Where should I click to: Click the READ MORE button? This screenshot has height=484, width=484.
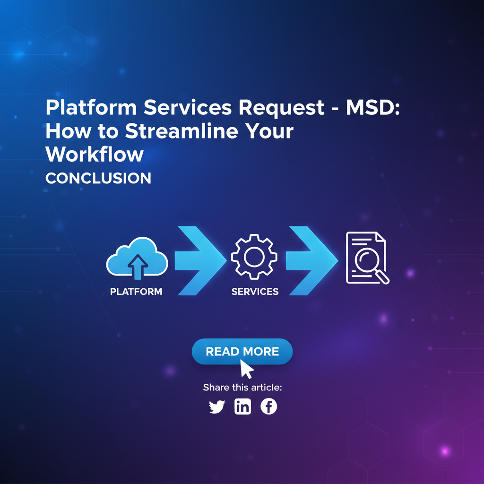click(242, 351)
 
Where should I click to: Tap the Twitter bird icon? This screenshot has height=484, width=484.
click(217, 406)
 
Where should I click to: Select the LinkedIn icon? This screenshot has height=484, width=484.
click(242, 406)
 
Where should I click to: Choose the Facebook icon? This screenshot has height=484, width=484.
click(268, 406)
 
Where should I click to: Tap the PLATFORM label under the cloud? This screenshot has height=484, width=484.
click(136, 292)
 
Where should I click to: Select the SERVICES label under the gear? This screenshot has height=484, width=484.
click(255, 292)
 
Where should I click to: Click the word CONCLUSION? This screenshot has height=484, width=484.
click(98, 178)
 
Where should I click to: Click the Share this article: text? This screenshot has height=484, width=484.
click(242, 388)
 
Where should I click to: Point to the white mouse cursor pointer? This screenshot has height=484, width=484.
click(246, 368)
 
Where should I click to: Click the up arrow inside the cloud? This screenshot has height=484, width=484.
click(137, 266)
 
